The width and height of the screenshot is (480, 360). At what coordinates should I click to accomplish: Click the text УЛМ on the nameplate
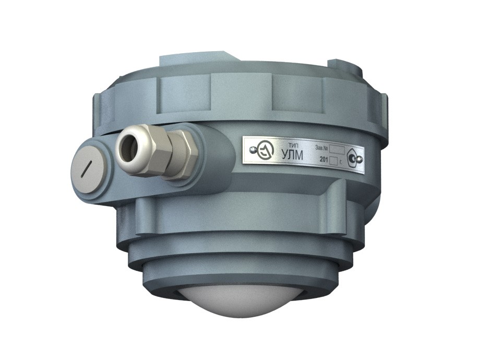(292, 155)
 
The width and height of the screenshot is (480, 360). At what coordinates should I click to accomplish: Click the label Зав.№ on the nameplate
(321, 148)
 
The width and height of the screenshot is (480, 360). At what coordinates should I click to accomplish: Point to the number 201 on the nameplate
(324, 160)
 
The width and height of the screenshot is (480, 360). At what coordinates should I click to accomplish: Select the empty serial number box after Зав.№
(337, 150)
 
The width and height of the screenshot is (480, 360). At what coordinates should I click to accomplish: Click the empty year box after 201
(334, 161)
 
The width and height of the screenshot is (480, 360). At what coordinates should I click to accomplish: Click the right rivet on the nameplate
(360, 159)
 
